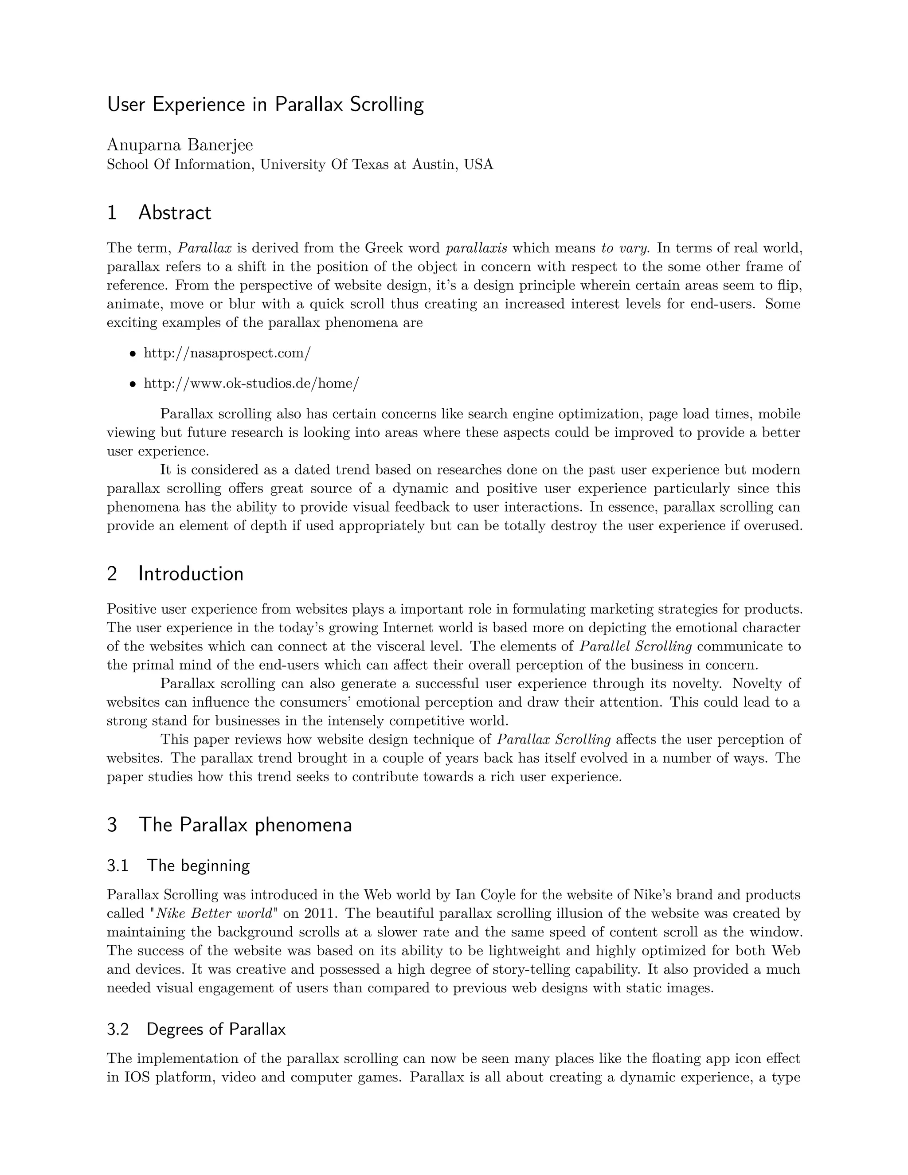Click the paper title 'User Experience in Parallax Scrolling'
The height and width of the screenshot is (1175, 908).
265,104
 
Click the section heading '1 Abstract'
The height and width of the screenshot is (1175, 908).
159,213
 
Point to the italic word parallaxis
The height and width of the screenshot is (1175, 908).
477,248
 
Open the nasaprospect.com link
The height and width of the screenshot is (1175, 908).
227,353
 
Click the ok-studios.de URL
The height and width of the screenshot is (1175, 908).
251,384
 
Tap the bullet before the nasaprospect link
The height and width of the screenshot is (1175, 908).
132,354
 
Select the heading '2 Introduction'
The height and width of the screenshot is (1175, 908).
176,574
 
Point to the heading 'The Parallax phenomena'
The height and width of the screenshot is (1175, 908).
245,825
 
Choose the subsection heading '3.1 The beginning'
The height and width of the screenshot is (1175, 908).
179,866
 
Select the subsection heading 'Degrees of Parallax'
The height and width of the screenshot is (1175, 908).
216,1029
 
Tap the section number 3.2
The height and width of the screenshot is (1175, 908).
118,1029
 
